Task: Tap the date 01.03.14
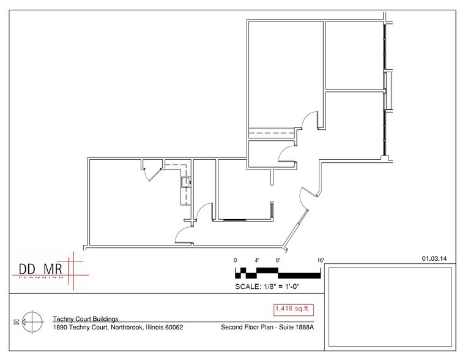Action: click(x=435, y=259)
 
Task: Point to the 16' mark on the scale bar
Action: click(x=321, y=260)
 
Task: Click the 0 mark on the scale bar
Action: click(x=236, y=260)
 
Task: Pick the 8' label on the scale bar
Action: click(x=278, y=260)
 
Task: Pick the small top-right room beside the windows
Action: click(x=354, y=55)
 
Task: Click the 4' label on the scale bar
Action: click(x=258, y=260)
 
